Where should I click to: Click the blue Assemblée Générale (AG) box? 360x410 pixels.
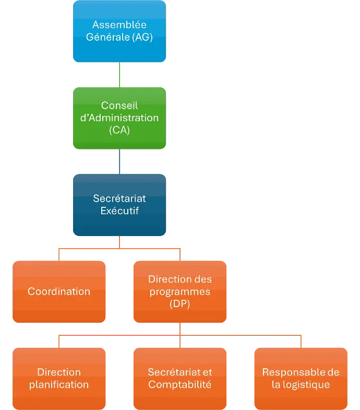coord(119,31)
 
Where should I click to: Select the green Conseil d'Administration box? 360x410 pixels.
coord(119,118)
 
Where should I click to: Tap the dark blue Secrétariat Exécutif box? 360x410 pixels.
coord(119,205)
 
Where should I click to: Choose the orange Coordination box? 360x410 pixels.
coord(59,291)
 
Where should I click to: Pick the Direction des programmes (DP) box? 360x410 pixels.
coord(180,291)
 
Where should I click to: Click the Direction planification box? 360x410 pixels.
coord(59,378)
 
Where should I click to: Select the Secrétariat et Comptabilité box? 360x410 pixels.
coord(180,378)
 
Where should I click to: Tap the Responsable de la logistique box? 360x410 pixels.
coord(301,378)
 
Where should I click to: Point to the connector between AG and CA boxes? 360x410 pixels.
coord(120,75)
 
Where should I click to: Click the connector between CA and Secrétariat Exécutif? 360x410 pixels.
coord(120,161)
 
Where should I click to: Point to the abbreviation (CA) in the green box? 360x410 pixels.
coord(119,131)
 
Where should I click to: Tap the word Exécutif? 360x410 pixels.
coord(119,211)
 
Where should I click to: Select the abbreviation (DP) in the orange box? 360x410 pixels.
coord(180,304)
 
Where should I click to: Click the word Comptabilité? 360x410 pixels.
coord(180,385)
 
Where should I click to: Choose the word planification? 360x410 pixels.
coord(59,385)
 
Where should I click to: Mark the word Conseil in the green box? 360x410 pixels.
coord(119,106)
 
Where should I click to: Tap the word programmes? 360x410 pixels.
coord(180,292)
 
